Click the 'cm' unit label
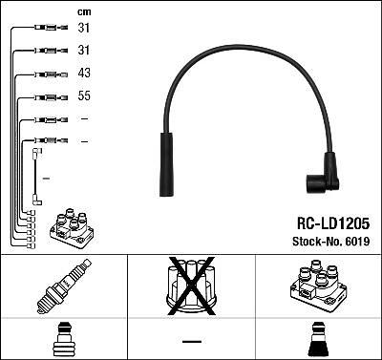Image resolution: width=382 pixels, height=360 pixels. click(x=84, y=12)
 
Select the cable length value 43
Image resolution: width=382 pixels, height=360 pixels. click(x=84, y=73)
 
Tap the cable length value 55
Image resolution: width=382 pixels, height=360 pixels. click(x=84, y=95)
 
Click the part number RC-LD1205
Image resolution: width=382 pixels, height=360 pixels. click(x=333, y=223)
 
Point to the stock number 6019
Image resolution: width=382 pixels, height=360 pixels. click(x=357, y=242)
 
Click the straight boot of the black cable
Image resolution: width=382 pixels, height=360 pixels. click(x=166, y=164)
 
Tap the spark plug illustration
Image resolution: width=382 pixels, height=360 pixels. click(x=64, y=286)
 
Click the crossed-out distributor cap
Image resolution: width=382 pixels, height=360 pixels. click(x=191, y=286)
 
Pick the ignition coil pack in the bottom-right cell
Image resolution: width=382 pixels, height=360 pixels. click(x=318, y=286)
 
